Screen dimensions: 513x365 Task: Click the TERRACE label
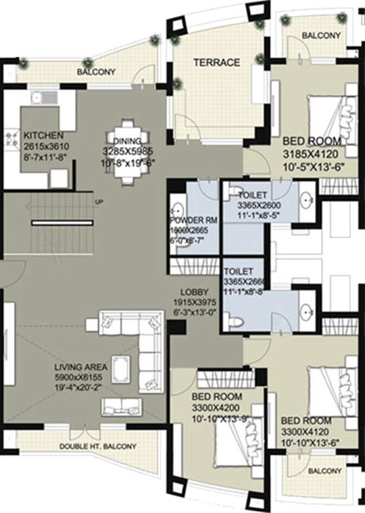coord(217,63)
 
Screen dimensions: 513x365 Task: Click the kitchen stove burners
coord(10,139)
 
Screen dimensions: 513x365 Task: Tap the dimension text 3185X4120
coord(314,152)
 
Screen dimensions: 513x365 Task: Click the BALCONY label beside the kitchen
coord(96,72)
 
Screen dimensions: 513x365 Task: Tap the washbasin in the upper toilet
coord(306,199)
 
